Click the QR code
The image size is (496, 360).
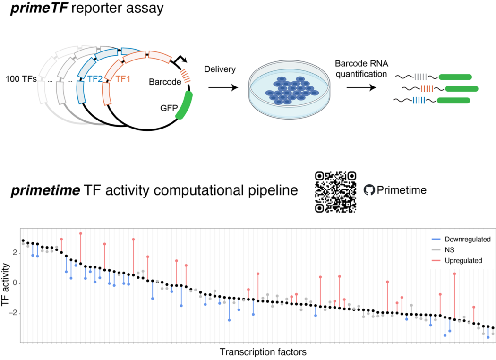click(x=335, y=191)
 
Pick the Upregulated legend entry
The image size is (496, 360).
click(x=454, y=260)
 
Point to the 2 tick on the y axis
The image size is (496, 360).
click(x=15, y=253)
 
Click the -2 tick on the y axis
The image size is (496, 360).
click(x=13, y=313)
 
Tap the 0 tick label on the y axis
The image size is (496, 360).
click(x=15, y=283)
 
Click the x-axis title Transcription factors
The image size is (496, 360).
click(x=263, y=352)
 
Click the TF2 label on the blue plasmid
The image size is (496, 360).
click(x=95, y=80)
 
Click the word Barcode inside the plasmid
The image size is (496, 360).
click(x=164, y=82)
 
